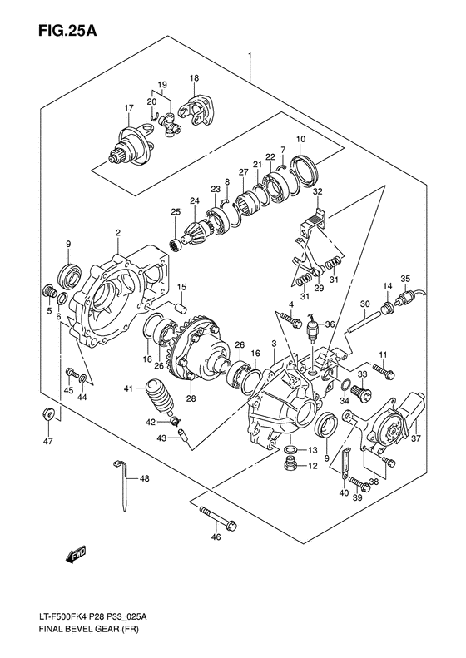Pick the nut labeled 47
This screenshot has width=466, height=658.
(49, 416)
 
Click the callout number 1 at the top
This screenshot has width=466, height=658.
(249, 56)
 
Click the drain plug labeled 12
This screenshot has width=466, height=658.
(290, 467)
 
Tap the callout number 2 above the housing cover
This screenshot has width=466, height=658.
(118, 232)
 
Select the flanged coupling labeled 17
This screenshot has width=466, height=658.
(130, 142)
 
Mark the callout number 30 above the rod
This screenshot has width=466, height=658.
(364, 305)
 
